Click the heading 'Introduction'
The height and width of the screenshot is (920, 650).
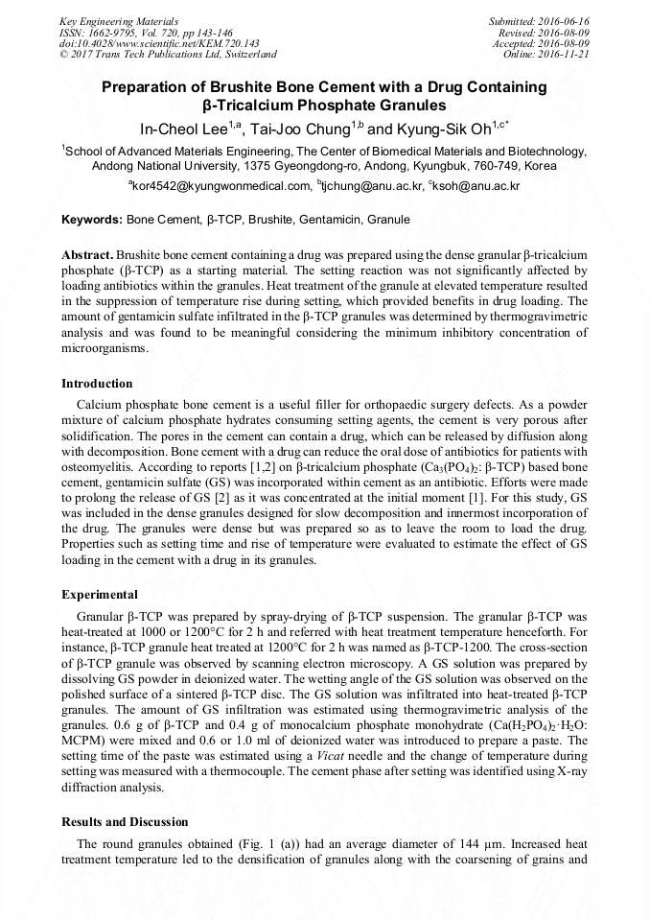[x=97, y=384]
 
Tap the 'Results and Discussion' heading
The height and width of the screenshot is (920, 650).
[x=125, y=822]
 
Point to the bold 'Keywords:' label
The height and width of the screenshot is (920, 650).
[x=92, y=220]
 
